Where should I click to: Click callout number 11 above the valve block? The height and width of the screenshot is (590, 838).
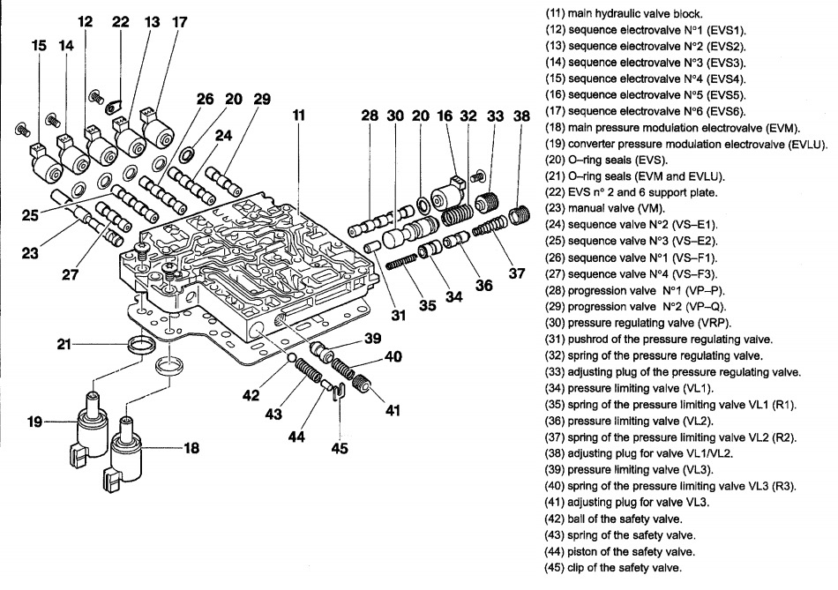click(300, 116)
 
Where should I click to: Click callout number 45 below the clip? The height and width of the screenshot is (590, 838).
click(340, 447)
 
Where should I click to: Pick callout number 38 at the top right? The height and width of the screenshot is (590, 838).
click(522, 116)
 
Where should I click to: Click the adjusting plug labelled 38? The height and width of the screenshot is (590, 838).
click(522, 213)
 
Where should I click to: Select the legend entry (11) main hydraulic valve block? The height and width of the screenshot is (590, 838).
click(629, 13)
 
